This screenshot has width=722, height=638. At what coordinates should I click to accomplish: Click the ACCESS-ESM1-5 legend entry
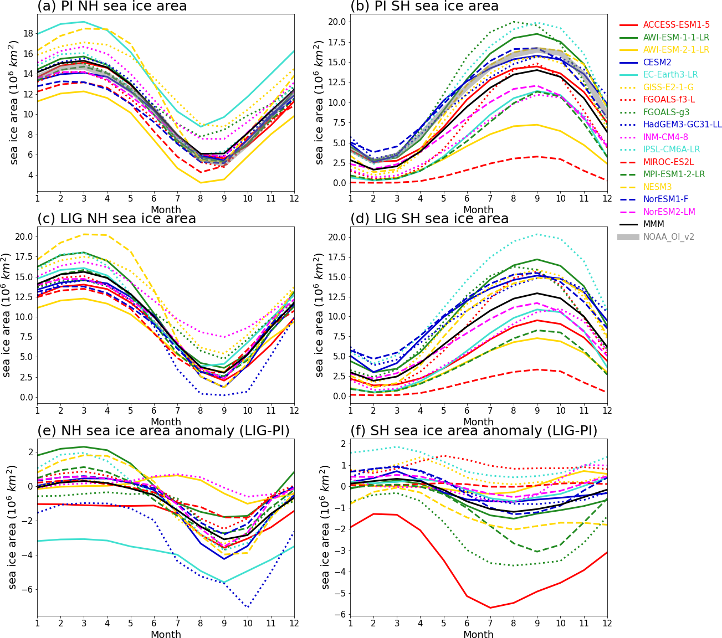pos(676,25)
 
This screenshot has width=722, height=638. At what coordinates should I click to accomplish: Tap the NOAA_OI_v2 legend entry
pos(668,237)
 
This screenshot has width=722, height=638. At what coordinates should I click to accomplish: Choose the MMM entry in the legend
pos(653,224)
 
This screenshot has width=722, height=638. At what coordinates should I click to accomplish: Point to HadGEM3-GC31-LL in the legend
pos(682,125)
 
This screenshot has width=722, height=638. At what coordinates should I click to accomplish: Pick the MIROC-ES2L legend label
pos(668,162)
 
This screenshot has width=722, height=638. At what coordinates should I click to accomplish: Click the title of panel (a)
pos(112,7)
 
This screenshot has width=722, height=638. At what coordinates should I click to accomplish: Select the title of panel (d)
pos(429,219)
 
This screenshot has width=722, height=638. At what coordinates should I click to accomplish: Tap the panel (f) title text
pos(474,431)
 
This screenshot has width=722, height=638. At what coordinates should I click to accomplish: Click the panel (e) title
pos(163,431)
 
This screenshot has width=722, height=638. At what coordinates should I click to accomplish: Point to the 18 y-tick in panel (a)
pos(27,33)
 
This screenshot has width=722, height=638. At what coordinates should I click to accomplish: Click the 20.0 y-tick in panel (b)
pos(336,22)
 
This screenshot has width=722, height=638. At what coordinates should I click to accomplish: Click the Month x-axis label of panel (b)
pos(478,210)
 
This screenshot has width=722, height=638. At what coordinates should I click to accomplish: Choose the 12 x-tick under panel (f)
pos(607,624)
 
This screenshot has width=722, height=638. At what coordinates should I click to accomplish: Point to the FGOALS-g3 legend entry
pos(667,112)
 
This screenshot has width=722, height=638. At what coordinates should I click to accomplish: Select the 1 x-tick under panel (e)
pos(37,624)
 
